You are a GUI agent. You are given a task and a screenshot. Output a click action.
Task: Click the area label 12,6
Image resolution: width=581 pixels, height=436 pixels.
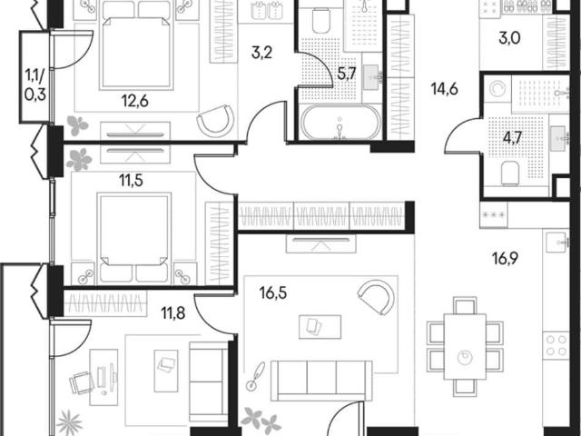[x=135, y=101]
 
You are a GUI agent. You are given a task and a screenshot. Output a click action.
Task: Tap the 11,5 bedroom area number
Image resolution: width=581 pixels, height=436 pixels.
[x=131, y=181]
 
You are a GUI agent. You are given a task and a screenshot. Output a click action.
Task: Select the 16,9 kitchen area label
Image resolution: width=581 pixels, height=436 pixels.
[x=506, y=258]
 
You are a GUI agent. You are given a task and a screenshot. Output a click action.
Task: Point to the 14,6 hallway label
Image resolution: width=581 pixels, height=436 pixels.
[x=445, y=89]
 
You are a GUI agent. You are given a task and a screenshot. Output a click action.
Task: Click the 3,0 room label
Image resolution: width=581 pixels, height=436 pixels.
[x=509, y=38]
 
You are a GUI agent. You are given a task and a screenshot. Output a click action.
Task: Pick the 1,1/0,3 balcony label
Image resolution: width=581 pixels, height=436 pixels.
[x=35, y=85]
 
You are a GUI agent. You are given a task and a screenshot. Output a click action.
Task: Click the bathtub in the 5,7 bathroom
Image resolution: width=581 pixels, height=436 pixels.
[x=340, y=123]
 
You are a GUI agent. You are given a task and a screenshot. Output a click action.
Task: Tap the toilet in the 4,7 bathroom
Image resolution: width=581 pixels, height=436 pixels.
[x=510, y=173]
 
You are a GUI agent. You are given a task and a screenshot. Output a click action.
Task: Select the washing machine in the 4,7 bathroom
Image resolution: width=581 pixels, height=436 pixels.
[x=497, y=89]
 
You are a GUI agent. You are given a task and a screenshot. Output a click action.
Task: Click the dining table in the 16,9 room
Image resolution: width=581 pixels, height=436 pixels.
[x=465, y=347]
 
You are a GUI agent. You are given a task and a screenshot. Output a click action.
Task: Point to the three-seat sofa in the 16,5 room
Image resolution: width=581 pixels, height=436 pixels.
[x=321, y=381]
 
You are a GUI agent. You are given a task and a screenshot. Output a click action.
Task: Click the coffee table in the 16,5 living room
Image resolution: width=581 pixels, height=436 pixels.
[x=320, y=327]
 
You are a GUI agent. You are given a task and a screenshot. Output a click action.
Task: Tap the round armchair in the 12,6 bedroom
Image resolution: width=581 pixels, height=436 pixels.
[x=216, y=120]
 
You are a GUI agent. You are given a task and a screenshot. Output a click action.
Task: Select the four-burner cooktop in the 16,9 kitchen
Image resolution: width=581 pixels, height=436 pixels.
[x=556, y=345]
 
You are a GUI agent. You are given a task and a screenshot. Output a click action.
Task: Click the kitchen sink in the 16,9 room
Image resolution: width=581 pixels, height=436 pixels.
[x=556, y=243]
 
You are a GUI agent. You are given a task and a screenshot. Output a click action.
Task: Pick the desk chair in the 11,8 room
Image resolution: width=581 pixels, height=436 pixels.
[x=82, y=382]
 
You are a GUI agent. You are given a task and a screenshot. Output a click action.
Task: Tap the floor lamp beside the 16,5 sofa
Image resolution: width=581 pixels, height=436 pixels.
[x=256, y=375]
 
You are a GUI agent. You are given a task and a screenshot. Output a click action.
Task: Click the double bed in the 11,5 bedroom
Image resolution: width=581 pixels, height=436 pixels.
[x=133, y=238]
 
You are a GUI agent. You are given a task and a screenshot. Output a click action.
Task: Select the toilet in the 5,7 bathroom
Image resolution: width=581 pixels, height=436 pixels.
[x=320, y=20]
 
